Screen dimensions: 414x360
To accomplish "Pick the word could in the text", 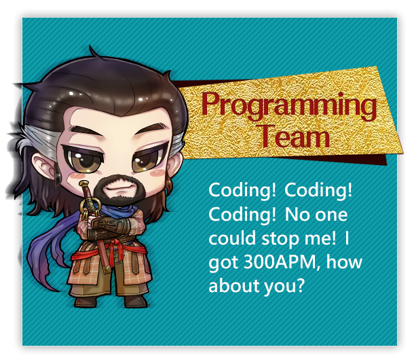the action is point(232,237).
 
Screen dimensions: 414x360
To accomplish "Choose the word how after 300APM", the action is point(344,262).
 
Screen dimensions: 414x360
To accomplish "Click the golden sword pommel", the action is point(84,183).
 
